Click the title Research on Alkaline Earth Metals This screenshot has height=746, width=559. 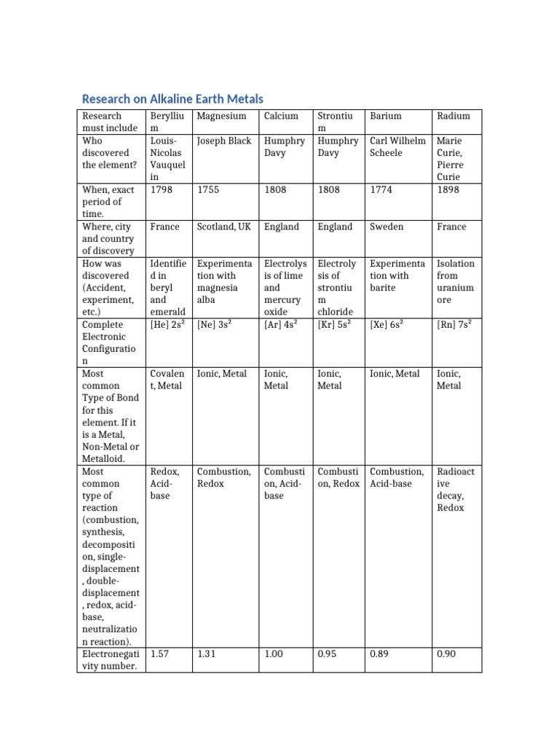[x=173, y=98]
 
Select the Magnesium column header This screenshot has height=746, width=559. [x=221, y=116]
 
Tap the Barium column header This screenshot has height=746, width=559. [x=386, y=116]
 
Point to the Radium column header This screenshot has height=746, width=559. [x=453, y=116]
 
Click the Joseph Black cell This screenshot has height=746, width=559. [x=224, y=141]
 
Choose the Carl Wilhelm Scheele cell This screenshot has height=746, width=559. [x=397, y=146]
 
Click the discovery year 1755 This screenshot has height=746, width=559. [x=209, y=190]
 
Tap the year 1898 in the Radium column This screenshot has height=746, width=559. [x=448, y=190]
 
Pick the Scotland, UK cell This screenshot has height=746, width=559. [x=224, y=227]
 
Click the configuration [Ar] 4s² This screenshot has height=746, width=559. [x=280, y=325]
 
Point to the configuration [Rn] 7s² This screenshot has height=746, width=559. [x=453, y=325]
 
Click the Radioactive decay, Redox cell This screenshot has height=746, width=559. [x=455, y=490]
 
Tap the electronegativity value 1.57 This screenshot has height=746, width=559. [x=160, y=654]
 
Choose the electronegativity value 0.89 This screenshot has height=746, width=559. [x=381, y=654]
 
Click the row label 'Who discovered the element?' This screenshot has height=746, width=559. [x=106, y=153]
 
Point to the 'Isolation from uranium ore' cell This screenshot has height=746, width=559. [x=455, y=281]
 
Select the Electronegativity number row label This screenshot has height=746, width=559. [x=109, y=660]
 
